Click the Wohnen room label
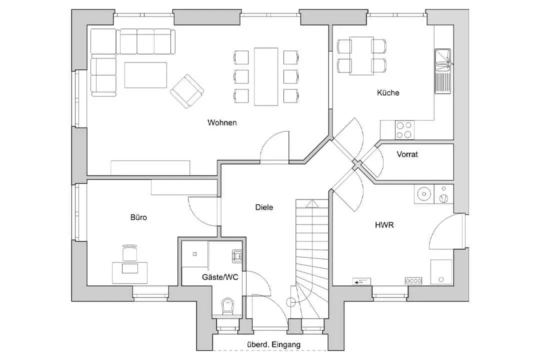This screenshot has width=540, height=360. [222, 122]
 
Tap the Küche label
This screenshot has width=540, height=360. [388, 92]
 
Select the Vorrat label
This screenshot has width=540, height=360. [407, 154]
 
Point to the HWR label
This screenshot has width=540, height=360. [384, 225]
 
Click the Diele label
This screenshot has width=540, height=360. [264, 207]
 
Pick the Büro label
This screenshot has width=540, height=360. [139, 217]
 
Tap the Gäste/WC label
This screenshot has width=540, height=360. [220, 277]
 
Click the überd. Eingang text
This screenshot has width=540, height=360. [274, 344]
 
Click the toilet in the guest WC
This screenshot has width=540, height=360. [227, 306]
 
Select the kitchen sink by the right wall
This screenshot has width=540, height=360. [442, 71]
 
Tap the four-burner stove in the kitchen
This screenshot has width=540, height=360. [404, 130]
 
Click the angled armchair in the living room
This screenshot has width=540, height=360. [187, 91]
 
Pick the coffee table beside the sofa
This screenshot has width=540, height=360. [145, 75]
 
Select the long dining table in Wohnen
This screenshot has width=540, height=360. [266, 76]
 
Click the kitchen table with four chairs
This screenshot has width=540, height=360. [361, 55]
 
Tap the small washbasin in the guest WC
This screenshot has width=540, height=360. [237, 256]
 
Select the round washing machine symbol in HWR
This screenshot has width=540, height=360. [424, 194]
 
